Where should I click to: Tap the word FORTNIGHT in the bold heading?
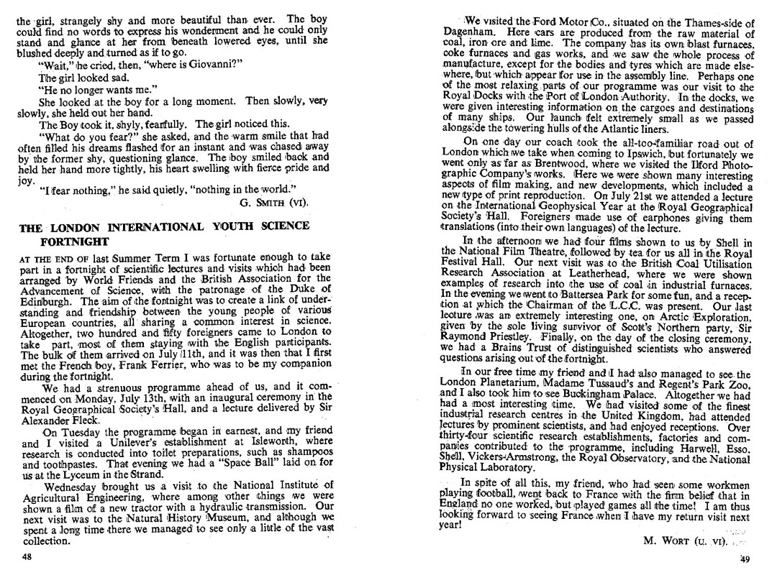(75, 241)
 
